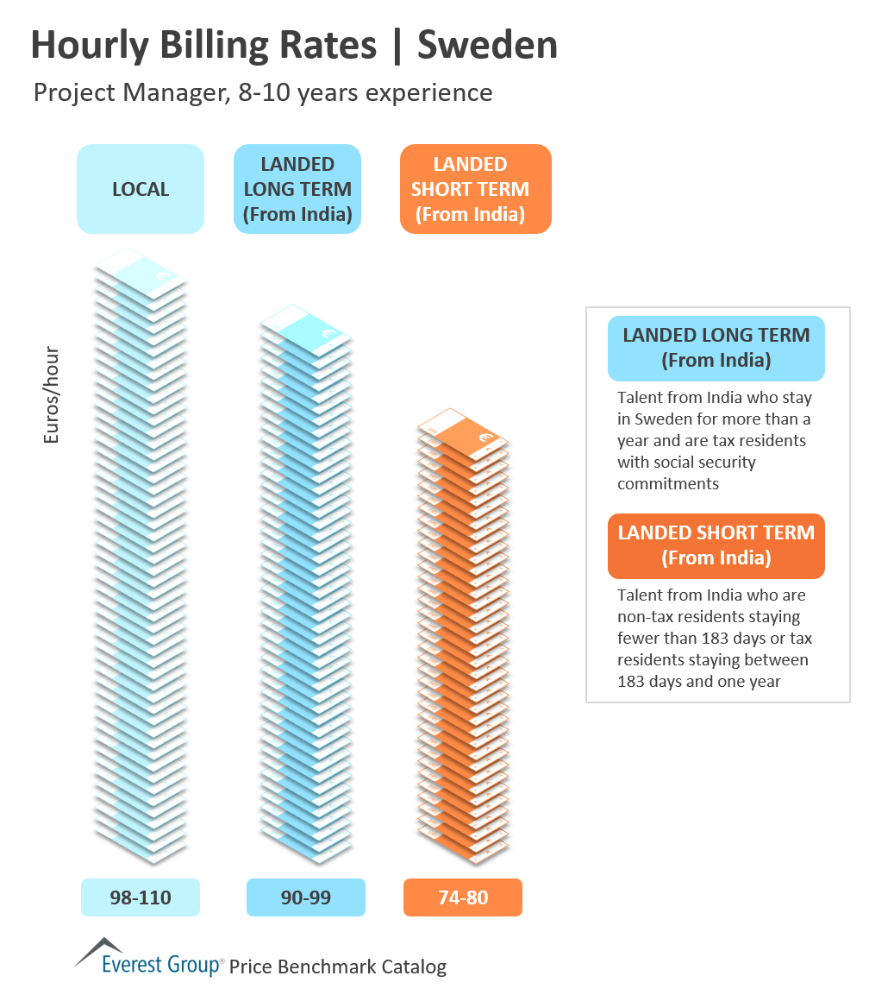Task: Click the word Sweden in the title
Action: (x=487, y=46)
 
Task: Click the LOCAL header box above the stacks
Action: (x=141, y=189)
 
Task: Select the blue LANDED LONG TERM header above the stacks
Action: (x=297, y=189)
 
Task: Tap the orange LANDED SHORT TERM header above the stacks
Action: (x=475, y=189)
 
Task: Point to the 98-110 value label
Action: (x=141, y=897)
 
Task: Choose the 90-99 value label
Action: (x=306, y=897)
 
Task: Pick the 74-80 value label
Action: (x=463, y=897)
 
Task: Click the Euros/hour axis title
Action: (x=52, y=395)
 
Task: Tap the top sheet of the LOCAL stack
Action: (x=141, y=272)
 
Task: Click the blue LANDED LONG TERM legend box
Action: (x=716, y=348)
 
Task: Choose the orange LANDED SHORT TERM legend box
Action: (x=716, y=545)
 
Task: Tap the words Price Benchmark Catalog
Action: (x=338, y=967)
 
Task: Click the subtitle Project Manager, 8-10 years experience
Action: (x=263, y=92)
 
